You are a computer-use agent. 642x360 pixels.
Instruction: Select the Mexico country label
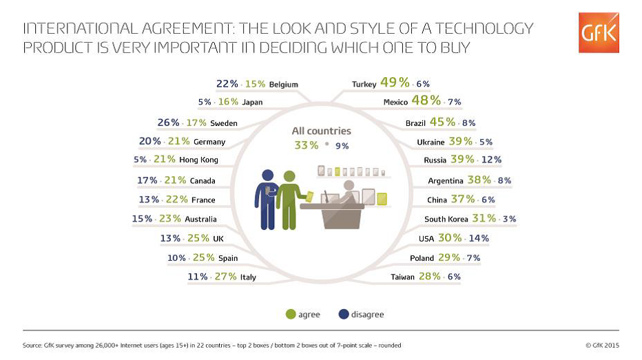pyautogui.click(x=395, y=102)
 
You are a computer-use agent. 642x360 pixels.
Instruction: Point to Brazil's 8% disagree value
pyautogui.click(x=469, y=123)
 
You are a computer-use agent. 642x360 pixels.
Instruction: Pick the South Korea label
pyautogui.click(x=446, y=219)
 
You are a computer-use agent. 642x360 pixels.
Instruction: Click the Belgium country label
pyautogui.click(x=283, y=85)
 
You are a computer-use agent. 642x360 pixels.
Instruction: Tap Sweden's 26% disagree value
pyautogui.click(x=169, y=123)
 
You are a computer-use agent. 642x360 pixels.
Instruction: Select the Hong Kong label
pyautogui.click(x=198, y=160)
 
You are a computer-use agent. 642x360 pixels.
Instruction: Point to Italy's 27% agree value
pyautogui.click(x=225, y=276)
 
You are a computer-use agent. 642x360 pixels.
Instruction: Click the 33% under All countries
pyautogui.click(x=306, y=145)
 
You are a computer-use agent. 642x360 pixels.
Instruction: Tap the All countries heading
pyautogui.click(x=321, y=131)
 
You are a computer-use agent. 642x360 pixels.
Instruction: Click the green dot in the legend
pyautogui.click(x=291, y=315)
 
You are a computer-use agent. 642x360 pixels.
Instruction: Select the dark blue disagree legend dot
pyautogui.click(x=343, y=315)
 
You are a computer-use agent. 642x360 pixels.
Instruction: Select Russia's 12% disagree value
pyautogui.click(x=491, y=160)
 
